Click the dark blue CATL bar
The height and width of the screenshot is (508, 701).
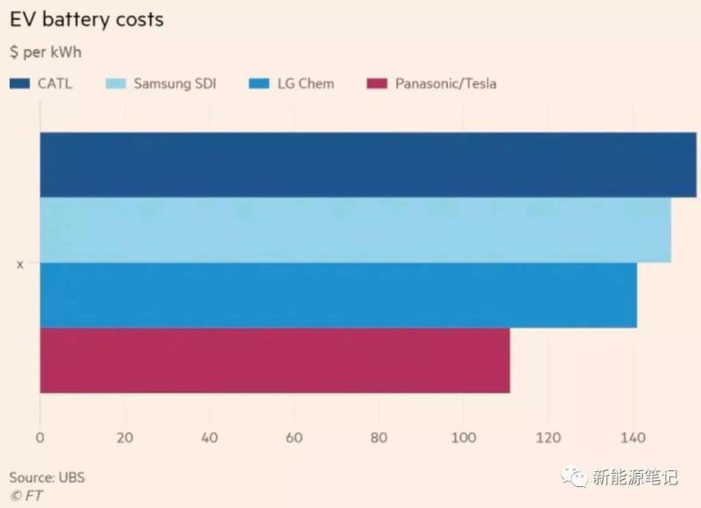coord(368,165)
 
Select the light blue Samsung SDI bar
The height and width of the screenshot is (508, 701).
coord(355,230)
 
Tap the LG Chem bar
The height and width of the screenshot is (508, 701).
coord(338,295)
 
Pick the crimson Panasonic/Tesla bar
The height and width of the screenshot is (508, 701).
coord(274,360)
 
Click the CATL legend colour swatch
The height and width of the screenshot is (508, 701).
coord(20,84)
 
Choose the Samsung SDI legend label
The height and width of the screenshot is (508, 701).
coord(174,84)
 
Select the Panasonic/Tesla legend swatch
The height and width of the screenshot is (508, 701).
coord(376,84)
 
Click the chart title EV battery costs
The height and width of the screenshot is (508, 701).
coord(86,19)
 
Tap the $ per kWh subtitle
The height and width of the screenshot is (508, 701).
coord(46,53)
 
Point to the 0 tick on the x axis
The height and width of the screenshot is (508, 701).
coord(40,438)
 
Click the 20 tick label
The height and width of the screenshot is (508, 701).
coord(124,438)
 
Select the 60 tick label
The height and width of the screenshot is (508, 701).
coord(294,438)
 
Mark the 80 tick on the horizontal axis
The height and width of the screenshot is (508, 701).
coord(379,438)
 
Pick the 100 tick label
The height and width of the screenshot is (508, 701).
coord(464,438)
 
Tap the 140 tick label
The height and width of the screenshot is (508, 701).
coord(633,438)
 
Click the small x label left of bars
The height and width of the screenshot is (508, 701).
coord(20,264)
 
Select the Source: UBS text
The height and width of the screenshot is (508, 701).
coord(47,477)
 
